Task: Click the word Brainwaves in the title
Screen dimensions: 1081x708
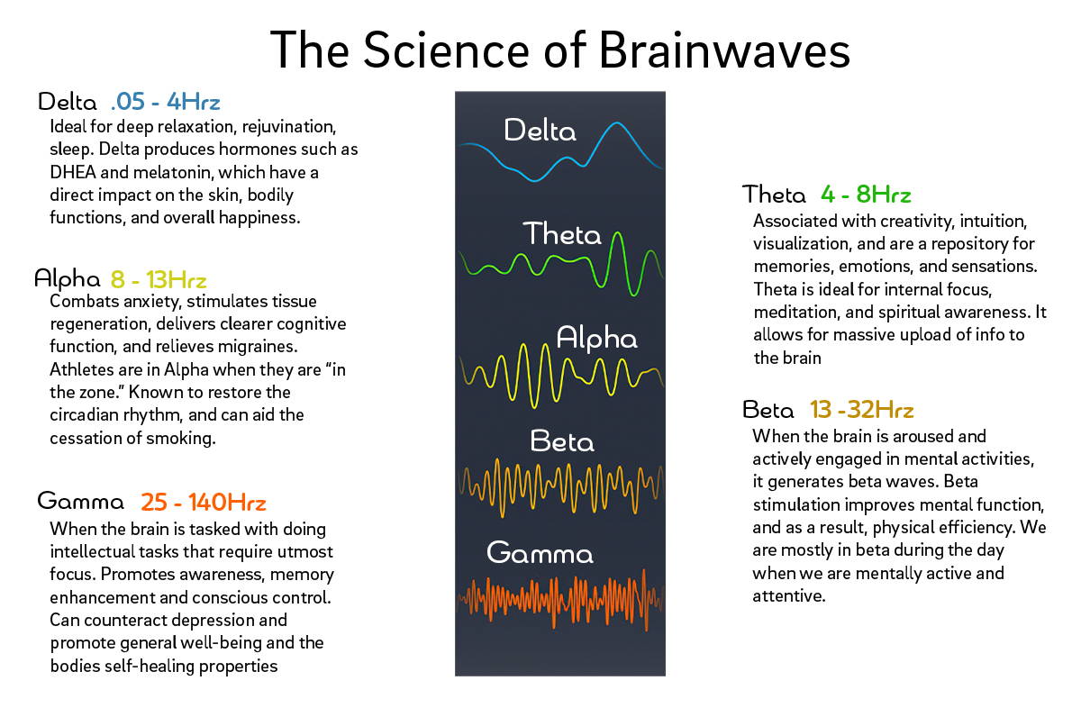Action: click(x=724, y=50)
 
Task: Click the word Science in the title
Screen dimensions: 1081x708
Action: click(x=447, y=50)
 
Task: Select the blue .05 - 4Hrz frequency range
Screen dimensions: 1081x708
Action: click(x=166, y=102)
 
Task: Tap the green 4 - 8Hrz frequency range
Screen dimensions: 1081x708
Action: click(x=866, y=195)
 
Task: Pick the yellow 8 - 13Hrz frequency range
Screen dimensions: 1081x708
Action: click(x=159, y=280)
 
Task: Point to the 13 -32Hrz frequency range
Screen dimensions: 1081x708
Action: click(x=861, y=409)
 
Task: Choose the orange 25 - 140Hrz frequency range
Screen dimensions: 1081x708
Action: click(x=204, y=503)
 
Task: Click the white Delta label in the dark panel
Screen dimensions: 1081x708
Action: click(x=540, y=131)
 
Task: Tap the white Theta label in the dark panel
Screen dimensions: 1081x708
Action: click(x=562, y=233)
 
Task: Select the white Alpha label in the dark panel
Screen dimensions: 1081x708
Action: click(x=596, y=338)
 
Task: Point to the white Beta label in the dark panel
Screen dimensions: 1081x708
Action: click(x=562, y=441)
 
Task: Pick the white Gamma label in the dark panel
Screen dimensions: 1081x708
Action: click(x=540, y=552)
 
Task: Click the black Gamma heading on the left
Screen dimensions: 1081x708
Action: click(x=80, y=501)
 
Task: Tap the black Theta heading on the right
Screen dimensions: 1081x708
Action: click(x=774, y=194)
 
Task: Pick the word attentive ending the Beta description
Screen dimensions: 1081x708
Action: click(x=788, y=596)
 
